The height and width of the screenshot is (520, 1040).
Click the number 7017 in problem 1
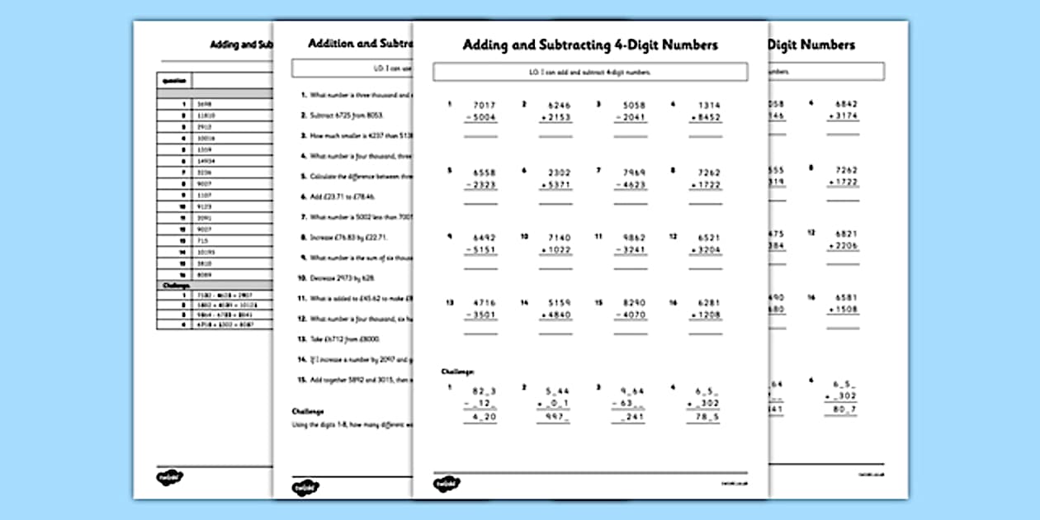(485, 106)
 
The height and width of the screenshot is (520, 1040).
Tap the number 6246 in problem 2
(559, 106)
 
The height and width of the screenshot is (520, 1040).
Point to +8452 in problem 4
(706, 118)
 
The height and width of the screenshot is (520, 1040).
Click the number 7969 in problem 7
(633, 173)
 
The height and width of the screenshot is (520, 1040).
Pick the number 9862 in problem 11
(633, 236)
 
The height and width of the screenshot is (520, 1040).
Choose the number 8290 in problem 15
(633, 303)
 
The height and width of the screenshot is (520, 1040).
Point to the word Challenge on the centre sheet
(458, 372)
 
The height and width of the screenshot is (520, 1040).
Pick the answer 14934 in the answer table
(206, 161)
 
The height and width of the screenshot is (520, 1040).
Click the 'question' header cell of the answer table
(173, 82)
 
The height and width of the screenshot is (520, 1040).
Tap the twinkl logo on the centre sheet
(447, 485)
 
